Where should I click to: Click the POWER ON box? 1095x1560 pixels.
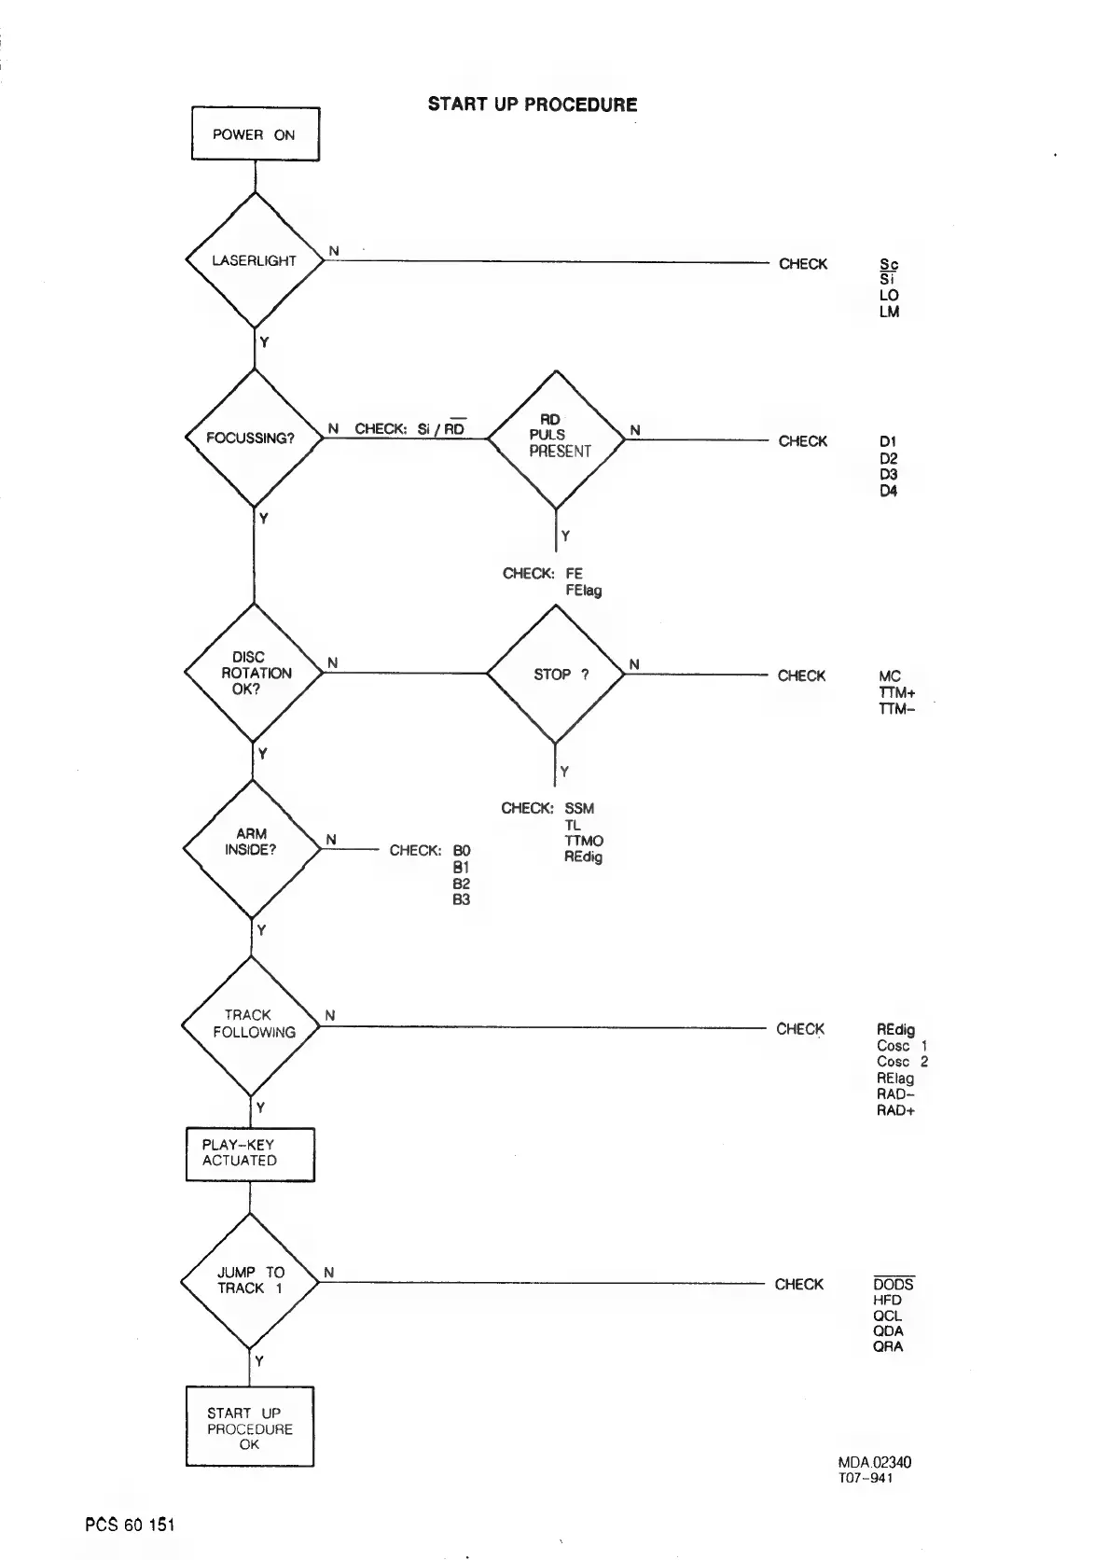pos(255,134)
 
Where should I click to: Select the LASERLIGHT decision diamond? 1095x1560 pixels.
pos(255,260)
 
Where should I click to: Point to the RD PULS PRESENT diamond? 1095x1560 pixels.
pos(557,439)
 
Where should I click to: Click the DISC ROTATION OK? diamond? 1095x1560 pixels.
pos(253,673)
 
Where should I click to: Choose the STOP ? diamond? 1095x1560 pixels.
pos(556,674)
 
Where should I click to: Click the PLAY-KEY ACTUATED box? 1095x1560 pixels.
pos(250,1154)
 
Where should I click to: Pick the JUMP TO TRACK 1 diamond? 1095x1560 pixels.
pos(250,1281)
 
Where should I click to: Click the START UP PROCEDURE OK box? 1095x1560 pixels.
pos(249,1428)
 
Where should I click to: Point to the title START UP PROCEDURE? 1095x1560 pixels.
pos(533,104)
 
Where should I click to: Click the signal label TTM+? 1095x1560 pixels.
pos(897,692)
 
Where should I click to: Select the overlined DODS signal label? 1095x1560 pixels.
pos(893,1285)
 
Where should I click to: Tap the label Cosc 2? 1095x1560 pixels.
pos(902,1062)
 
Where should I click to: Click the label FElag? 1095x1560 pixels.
pos(583,590)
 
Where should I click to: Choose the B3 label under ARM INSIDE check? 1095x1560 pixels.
pos(462,900)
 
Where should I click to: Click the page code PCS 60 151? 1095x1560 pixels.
pos(130,1525)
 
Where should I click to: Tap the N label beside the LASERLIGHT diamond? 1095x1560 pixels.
pos(334,251)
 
